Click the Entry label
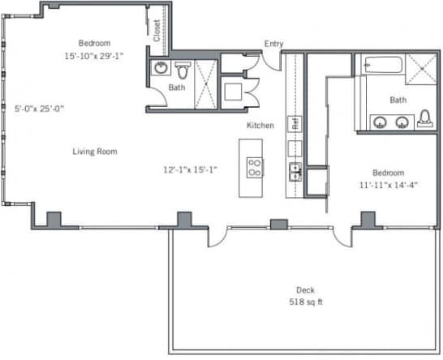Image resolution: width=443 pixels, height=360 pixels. (x=273, y=44)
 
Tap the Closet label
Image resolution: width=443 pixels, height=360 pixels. (x=157, y=31)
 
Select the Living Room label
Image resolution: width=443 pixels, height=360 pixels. (x=95, y=152)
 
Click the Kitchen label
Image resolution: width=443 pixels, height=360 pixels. (x=260, y=126)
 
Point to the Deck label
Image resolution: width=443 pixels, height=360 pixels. (x=305, y=290)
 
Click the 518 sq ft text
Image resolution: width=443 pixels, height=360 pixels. (x=306, y=302)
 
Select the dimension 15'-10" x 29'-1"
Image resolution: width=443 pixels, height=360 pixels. (x=94, y=56)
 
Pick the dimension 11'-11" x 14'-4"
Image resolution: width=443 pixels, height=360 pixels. (x=389, y=185)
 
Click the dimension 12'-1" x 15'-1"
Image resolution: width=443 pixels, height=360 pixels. (x=190, y=169)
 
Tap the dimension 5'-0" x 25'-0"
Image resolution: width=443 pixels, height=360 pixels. (x=39, y=109)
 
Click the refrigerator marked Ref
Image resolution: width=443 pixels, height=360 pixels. (x=295, y=124)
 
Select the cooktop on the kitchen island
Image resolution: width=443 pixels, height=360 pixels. (x=255, y=168)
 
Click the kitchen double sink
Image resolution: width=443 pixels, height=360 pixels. (x=295, y=172)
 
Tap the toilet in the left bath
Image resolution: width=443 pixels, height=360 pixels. (x=183, y=71)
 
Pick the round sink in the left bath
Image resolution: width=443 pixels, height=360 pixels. (x=161, y=68)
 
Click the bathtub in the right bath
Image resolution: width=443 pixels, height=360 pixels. (x=384, y=65)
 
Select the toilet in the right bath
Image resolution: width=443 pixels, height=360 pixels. (x=425, y=118)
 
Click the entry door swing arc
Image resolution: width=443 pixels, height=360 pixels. (x=270, y=62)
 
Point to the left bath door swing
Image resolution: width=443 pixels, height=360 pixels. (x=158, y=96)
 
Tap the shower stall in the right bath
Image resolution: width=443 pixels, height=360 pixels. (x=421, y=69)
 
